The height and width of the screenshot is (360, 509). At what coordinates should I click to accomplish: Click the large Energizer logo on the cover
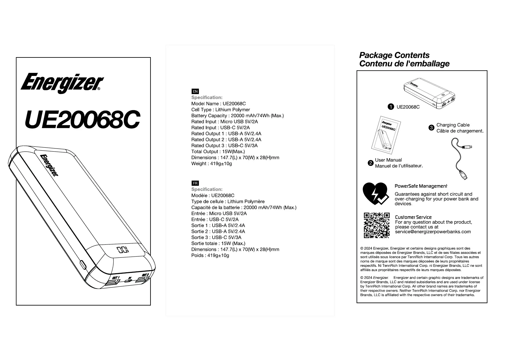coord(62,82)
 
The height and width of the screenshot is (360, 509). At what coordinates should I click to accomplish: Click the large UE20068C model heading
coord(82,119)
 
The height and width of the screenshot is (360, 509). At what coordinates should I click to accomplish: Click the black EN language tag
coord(195,91)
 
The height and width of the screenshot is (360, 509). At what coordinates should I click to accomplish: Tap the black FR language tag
coord(195,183)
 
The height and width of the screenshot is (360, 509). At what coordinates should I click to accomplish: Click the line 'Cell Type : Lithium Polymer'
coord(221,110)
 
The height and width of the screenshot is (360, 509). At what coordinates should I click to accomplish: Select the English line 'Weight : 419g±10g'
coord(212,164)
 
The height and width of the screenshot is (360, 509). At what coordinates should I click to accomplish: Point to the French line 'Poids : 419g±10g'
coord(210,255)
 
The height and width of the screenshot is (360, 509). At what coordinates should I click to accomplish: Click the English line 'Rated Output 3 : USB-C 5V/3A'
coord(224,146)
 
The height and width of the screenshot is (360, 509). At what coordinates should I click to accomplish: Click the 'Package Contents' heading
coord(394,55)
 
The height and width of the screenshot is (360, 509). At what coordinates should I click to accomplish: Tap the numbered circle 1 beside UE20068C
coord(391,107)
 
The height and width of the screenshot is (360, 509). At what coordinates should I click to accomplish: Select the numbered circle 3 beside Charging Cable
coord(432,128)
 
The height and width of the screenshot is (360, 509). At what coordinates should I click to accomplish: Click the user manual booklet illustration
coord(386,133)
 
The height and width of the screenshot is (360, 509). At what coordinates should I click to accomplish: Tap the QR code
coord(377,225)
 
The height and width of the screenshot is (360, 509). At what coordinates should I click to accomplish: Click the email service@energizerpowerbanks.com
coord(433,232)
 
